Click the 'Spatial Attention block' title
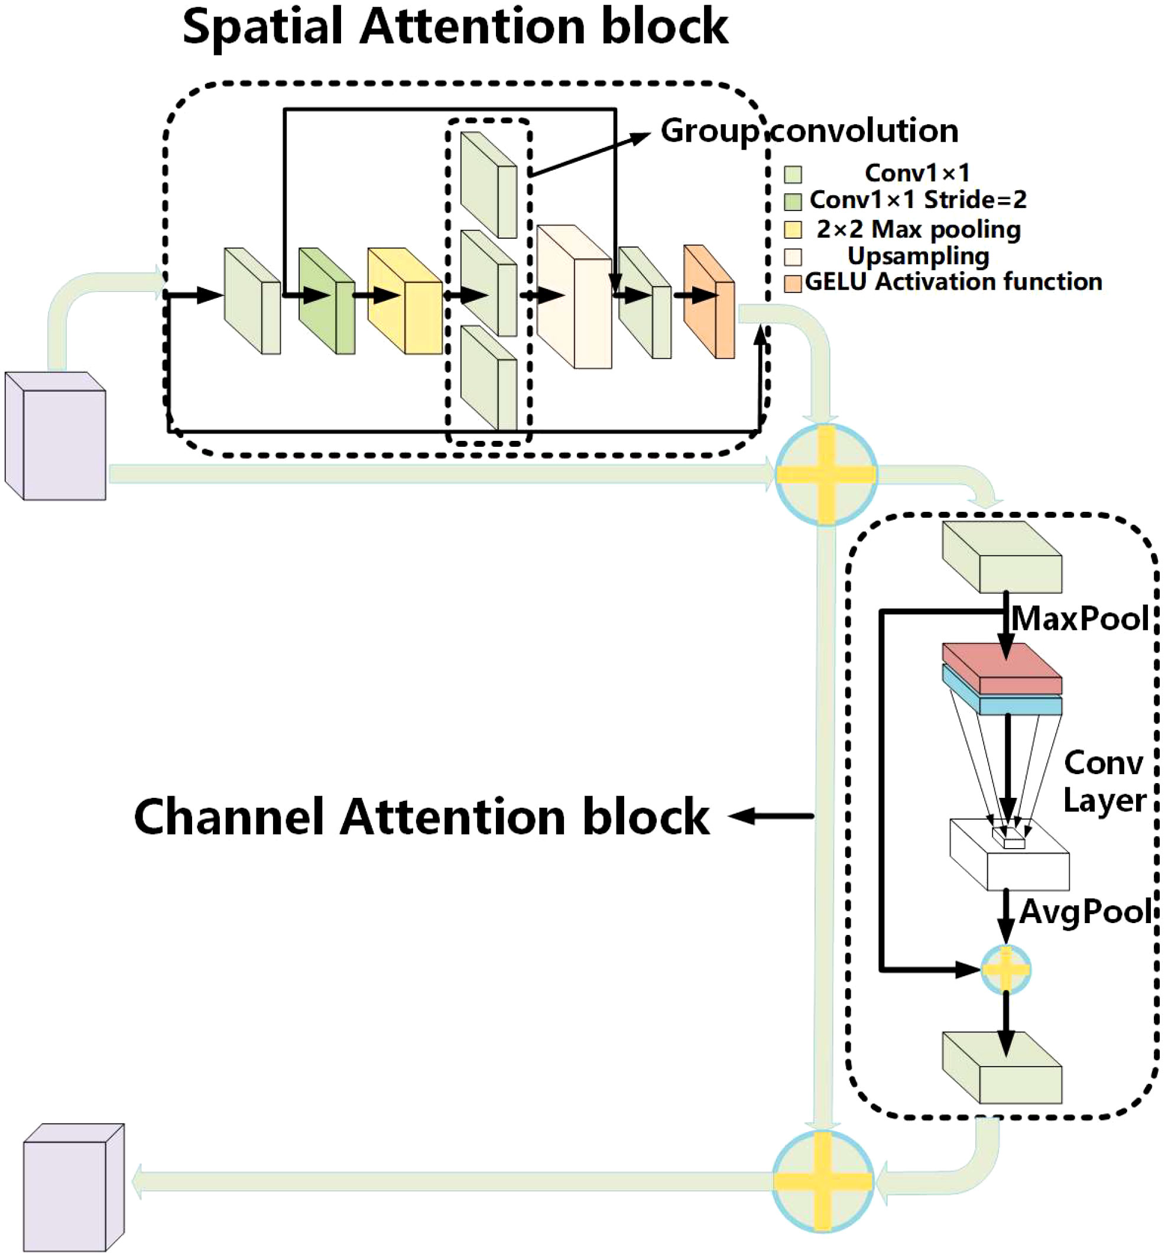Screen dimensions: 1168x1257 click(x=455, y=27)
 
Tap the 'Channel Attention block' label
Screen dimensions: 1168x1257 click(x=421, y=817)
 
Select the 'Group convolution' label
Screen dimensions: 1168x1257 click(x=810, y=131)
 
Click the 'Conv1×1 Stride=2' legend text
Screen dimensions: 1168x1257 click(x=918, y=200)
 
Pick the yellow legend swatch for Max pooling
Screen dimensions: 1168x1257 click(x=793, y=229)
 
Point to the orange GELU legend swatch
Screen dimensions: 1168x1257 click(x=793, y=283)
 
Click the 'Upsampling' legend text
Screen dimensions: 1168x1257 click(x=919, y=256)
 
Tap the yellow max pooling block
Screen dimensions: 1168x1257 click(x=404, y=301)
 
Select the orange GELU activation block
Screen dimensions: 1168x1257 click(x=709, y=301)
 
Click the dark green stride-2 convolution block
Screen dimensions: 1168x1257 click(x=327, y=301)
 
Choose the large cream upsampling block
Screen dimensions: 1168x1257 click(x=574, y=297)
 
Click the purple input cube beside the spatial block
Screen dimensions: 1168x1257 click(x=56, y=436)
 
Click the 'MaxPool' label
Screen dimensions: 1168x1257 click(x=1080, y=618)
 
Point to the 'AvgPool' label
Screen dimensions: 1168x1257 click(x=1085, y=912)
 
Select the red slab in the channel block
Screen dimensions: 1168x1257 click(x=1002, y=668)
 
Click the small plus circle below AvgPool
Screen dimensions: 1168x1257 click(x=1005, y=969)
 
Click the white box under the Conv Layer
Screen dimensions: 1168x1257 click(x=1010, y=855)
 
